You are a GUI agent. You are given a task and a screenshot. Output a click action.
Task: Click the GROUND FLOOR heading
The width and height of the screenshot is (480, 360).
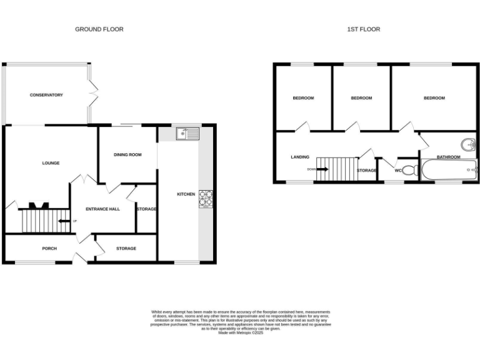point(99,29)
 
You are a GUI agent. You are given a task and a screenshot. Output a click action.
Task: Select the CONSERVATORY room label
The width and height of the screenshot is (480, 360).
point(46,95)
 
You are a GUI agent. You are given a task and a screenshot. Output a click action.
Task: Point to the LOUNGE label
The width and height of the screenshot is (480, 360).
point(51,163)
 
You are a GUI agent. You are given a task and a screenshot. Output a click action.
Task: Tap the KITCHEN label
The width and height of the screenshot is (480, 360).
point(186,194)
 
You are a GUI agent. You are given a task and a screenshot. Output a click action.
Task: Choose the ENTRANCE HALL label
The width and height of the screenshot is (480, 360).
point(102,209)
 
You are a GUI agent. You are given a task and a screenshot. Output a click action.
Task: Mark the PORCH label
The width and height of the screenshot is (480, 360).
point(49,248)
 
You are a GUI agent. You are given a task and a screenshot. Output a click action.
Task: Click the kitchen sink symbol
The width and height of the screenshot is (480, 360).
point(187,133)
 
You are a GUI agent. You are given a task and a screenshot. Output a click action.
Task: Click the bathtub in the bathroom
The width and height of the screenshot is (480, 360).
point(449,170)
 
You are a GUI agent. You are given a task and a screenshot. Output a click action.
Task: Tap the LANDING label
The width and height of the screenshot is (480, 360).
point(300,157)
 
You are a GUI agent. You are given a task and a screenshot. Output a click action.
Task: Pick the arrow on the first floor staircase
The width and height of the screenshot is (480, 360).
point(322,169)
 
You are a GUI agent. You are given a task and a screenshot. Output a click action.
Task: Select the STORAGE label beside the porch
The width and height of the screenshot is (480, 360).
point(126,248)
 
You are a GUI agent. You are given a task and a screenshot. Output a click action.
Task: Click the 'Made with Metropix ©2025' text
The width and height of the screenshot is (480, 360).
point(241,332)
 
